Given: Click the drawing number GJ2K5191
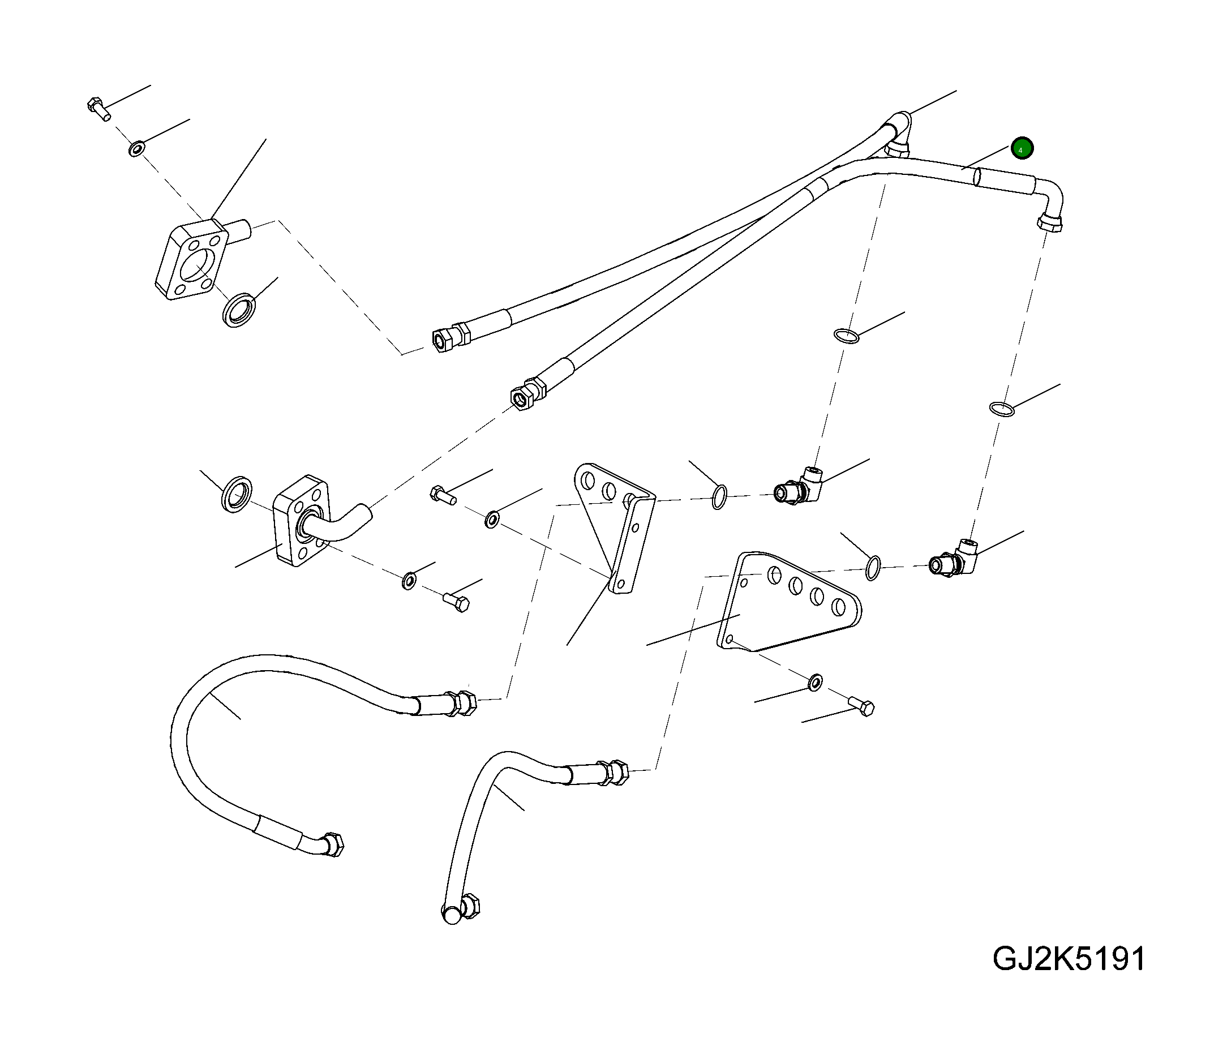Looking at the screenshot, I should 1069,976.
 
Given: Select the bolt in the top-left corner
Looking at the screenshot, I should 98,109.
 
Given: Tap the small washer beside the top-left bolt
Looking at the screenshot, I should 136,148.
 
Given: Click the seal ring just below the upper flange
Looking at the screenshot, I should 239,309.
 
